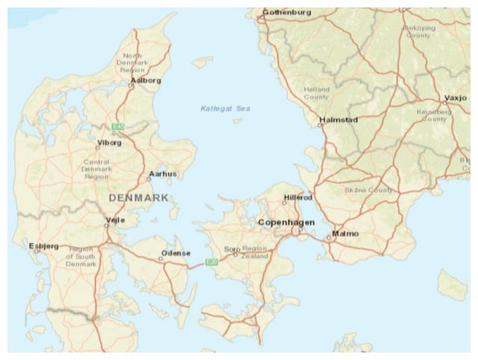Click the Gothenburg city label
[x=288, y=12]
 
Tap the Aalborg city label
[x=146, y=80]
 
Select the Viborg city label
[x=109, y=142]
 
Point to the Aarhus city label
[x=163, y=174]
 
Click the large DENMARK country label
[x=139, y=198]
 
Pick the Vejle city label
[x=116, y=220]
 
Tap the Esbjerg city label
[x=43, y=246]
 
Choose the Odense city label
[x=176, y=253]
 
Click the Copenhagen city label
[x=286, y=223]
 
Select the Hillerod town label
[x=298, y=197]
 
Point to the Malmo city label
[x=345, y=234]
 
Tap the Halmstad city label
[x=339, y=120]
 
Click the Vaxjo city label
[x=455, y=98]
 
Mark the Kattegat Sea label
[x=226, y=109]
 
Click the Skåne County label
[x=368, y=190]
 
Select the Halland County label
[x=317, y=93]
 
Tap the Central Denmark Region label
[x=96, y=170]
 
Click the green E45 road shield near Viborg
[x=117, y=127]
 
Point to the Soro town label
[x=232, y=249]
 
